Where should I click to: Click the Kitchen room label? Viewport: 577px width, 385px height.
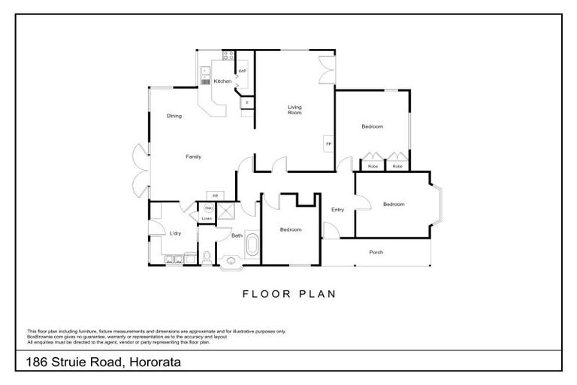pyautogui.click(x=222, y=81)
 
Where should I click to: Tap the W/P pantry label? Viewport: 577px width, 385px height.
pyautogui.click(x=242, y=72)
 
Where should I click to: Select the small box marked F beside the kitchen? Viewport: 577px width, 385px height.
pyautogui.click(x=246, y=102)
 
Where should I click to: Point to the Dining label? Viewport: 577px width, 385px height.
pyautogui.click(x=174, y=116)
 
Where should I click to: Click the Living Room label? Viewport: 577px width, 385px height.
pyautogui.click(x=295, y=110)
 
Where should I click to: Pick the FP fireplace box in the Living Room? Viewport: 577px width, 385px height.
pyautogui.click(x=328, y=143)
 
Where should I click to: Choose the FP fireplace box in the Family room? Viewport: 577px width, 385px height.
pyautogui.click(x=215, y=196)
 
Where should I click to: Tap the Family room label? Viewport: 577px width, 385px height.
pyautogui.click(x=194, y=156)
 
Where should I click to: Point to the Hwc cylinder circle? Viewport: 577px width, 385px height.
pyautogui.click(x=209, y=208)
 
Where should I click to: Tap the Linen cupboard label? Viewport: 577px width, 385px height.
pyautogui.click(x=207, y=219)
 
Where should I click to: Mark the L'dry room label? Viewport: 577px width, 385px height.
pyautogui.click(x=175, y=234)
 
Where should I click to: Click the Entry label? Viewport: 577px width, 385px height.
pyautogui.click(x=337, y=210)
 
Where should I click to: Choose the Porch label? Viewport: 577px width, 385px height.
pyautogui.click(x=376, y=253)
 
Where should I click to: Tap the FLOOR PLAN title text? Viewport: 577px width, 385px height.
pyautogui.click(x=288, y=294)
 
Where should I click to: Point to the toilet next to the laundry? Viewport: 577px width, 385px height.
pyautogui.click(x=205, y=258)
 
